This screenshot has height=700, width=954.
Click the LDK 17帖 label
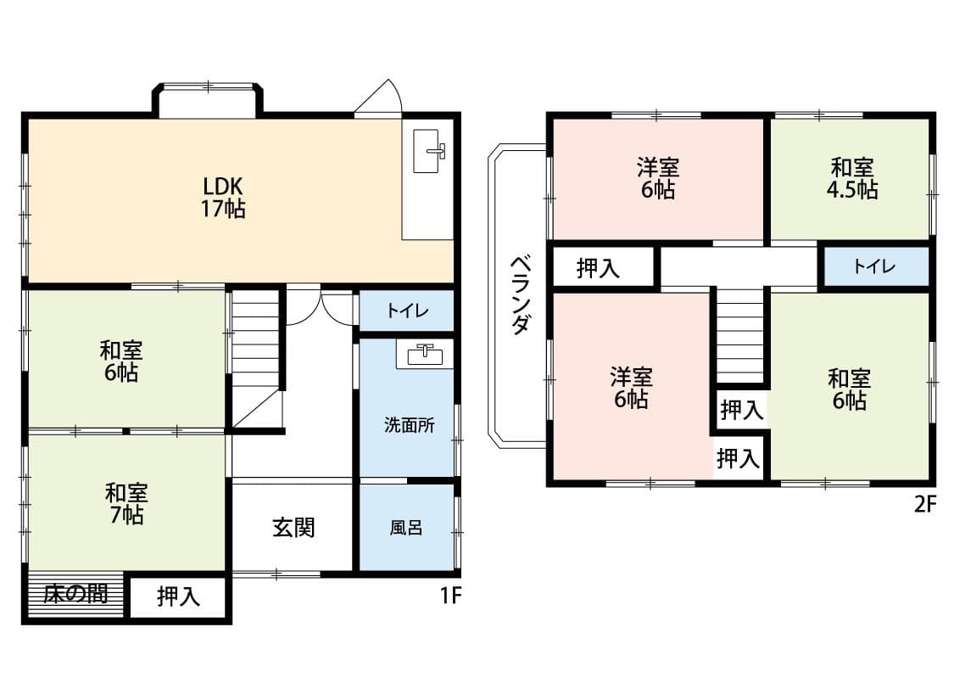click(223, 197)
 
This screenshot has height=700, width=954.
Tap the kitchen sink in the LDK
click(430, 152)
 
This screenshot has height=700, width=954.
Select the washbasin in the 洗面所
click(425, 354)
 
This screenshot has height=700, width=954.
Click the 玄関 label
click(293, 527)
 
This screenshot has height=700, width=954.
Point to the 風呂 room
click(406, 528)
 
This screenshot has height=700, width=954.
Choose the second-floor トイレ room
click(874, 267)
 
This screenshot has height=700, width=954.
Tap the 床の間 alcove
click(76, 594)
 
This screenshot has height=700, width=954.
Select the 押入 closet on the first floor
click(178, 597)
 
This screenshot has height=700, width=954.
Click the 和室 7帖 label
click(126, 503)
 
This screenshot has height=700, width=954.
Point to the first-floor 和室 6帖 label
click(120, 361)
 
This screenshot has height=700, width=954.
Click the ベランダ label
click(521, 295)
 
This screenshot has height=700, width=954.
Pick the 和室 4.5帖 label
click(851, 178)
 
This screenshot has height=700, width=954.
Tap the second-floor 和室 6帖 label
click(849, 389)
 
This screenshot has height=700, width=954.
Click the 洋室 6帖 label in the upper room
click(658, 178)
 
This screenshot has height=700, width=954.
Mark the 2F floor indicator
click(924, 504)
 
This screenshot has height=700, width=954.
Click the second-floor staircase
click(740, 335)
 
